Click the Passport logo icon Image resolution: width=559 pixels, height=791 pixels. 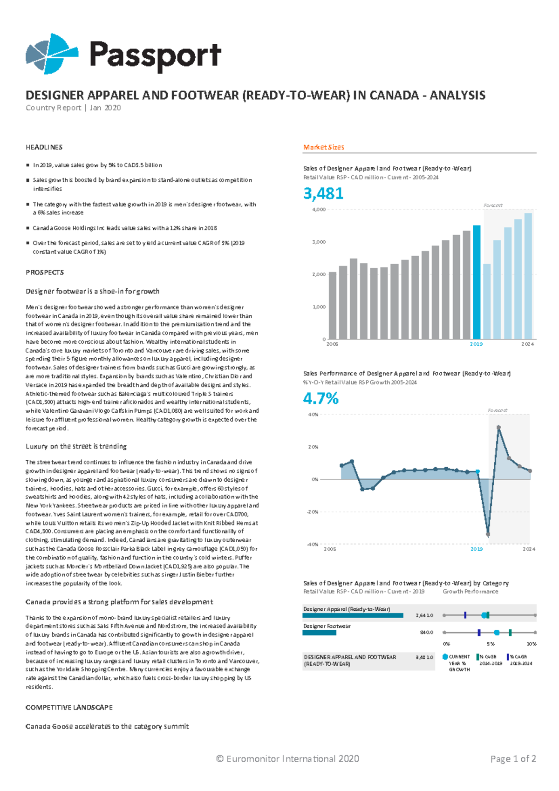click(x=51, y=54)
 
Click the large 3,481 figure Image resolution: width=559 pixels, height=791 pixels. click(x=323, y=193)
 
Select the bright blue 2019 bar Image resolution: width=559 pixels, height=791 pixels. click(x=477, y=282)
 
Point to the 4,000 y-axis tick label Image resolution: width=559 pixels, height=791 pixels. click(x=319, y=210)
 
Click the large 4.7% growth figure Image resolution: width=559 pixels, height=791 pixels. click(x=320, y=399)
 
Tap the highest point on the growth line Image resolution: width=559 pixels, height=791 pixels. click(x=498, y=427)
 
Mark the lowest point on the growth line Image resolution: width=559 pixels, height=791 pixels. click(x=488, y=534)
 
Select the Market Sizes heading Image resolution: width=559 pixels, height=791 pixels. click(x=323, y=147)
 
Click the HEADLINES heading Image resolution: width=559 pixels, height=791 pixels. click(x=44, y=147)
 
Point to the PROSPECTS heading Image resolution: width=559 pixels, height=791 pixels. click(x=45, y=273)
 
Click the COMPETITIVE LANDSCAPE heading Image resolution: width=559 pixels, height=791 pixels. click(x=69, y=708)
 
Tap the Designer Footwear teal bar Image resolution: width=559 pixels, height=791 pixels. click(x=319, y=633)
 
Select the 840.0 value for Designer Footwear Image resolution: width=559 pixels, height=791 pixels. click(x=426, y=633)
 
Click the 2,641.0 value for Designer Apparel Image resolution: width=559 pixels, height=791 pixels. click(x=424, y=615)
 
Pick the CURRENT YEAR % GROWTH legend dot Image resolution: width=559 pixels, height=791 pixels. click(x=445, y=657)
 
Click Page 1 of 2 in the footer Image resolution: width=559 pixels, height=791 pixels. click(x=513, y=759)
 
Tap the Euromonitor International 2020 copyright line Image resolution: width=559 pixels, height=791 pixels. click(x=287, y=759)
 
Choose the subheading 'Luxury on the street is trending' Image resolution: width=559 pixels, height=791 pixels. click(x=76, y=446)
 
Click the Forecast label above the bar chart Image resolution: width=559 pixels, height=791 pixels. click(x=493, y=205)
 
